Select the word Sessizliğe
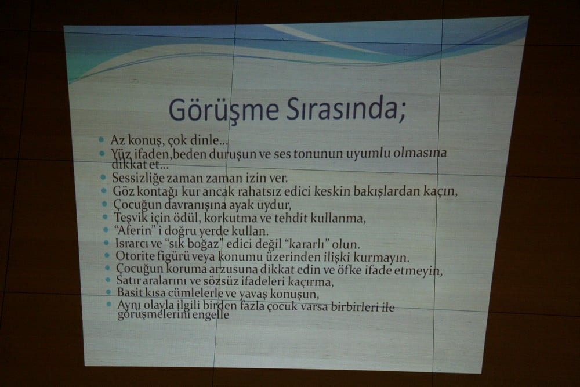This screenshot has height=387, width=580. (x=137, y=178)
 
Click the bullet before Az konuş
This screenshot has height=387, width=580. (x=101, y=140)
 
